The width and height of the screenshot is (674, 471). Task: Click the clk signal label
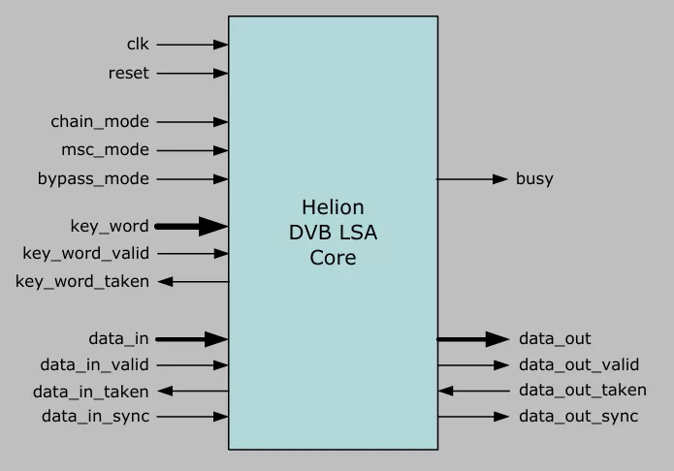coord(138,44)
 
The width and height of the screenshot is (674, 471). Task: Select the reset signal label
coord(129,73)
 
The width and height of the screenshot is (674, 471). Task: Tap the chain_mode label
coord(100,121)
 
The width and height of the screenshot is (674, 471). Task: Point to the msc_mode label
coord(105,149)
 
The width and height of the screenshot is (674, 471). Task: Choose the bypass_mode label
coord(93,178)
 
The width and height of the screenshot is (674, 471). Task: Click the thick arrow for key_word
coord(191,227)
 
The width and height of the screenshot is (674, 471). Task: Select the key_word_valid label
coord(86,254)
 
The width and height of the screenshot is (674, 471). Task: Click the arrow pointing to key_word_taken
coord(193,281)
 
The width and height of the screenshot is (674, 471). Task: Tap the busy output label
coord(534,178)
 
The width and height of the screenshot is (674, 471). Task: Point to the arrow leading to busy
coord(472,178)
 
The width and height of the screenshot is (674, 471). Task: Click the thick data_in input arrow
coord(192,339)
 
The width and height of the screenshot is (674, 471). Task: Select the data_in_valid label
coord(95,364)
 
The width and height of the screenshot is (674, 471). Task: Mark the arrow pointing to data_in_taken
coord(193,392)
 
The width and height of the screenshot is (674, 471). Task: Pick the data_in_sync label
coord(95,417)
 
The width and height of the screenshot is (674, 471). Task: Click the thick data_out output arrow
coord(473,339)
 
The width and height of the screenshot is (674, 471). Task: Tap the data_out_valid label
coord(579,364)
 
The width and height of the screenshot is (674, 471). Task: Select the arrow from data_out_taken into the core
coord(473,392)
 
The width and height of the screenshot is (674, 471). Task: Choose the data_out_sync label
coord(579,417)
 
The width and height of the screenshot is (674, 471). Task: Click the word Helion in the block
coord(334,207)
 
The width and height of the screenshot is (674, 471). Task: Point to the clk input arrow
coord(193,45)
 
